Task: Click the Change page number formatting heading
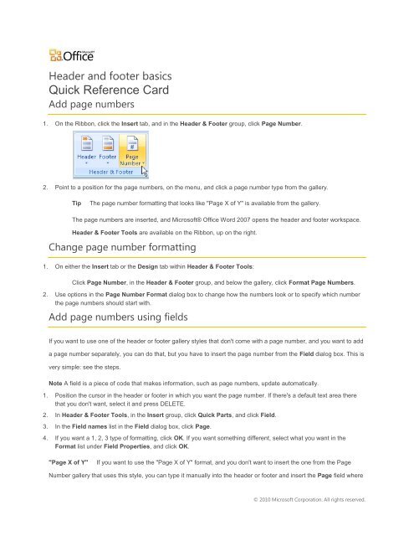point(120,248)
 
